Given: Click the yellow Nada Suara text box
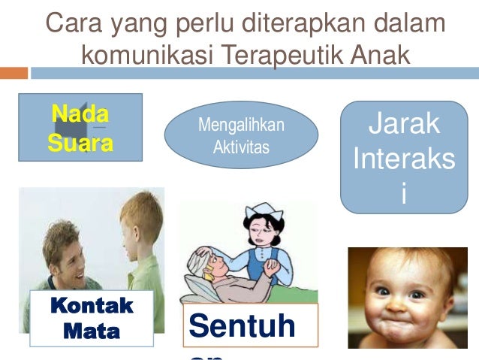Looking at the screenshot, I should [x=80, y=128].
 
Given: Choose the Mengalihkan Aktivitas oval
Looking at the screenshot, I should [x=241, y=135].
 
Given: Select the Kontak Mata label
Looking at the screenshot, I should [x=91, y=317].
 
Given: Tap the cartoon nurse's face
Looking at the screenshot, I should [x=259, y=231].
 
